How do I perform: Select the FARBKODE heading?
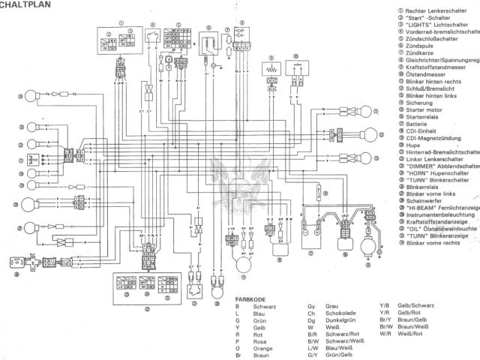pos(249,298)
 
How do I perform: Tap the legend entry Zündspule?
pos(420,46)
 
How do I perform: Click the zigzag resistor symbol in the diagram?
pos(271,69)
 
